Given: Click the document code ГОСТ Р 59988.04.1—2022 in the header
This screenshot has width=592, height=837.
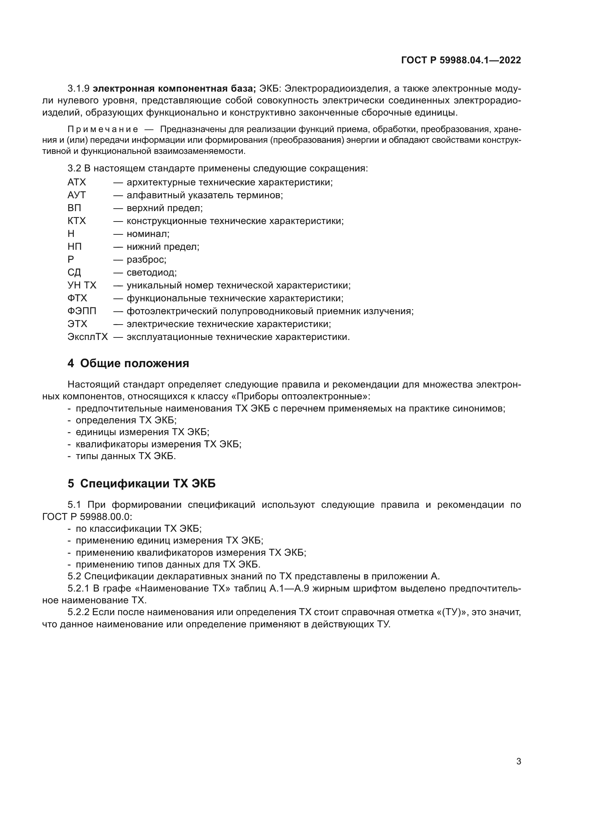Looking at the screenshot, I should tap(461, 60).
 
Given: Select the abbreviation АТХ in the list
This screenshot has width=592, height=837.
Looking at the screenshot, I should tap(77, 182).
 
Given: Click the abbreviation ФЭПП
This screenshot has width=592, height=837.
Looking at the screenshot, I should tap(82, 311).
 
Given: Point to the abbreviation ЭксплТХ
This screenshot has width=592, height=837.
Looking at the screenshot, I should tap(87, 337).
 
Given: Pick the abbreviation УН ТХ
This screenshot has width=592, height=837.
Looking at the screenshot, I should tap(82, 285).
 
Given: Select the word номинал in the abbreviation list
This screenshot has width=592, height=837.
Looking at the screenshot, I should tap(147, 234).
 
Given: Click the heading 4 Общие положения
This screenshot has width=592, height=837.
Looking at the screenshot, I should tap(128, 364).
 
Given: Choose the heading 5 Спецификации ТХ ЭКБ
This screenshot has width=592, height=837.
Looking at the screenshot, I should tap(141, 483).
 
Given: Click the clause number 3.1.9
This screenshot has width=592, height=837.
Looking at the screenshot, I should tap(78, 89).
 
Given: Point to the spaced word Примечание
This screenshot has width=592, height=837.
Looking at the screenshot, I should tap(103, 130).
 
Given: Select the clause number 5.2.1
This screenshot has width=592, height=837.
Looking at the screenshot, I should tap(78, 589).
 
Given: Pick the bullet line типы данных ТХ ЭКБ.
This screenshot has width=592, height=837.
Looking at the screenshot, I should tap(125, 456).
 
